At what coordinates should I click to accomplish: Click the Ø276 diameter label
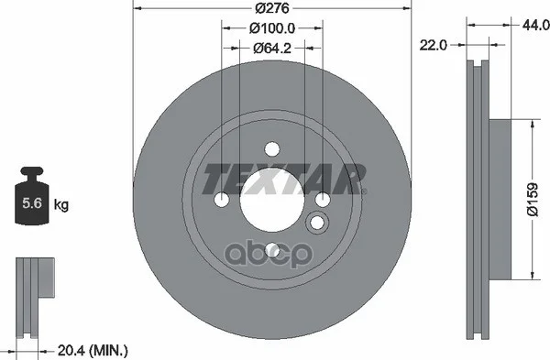click(x=272, y=8)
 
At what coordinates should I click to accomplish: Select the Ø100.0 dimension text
click(x=272, y=28)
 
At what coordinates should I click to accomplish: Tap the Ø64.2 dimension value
click(x=272, y=48)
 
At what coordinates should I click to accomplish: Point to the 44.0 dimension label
click(x=535, y=25)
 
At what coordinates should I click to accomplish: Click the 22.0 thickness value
click(x=434, y=45)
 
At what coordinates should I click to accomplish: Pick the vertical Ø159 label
click(x=532, y=199)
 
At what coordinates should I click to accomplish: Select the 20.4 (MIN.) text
click(x=93, y=350)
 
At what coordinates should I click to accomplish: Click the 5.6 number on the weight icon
click(x=32, y=203)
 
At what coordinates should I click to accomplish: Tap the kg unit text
click(x=61, y=204)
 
